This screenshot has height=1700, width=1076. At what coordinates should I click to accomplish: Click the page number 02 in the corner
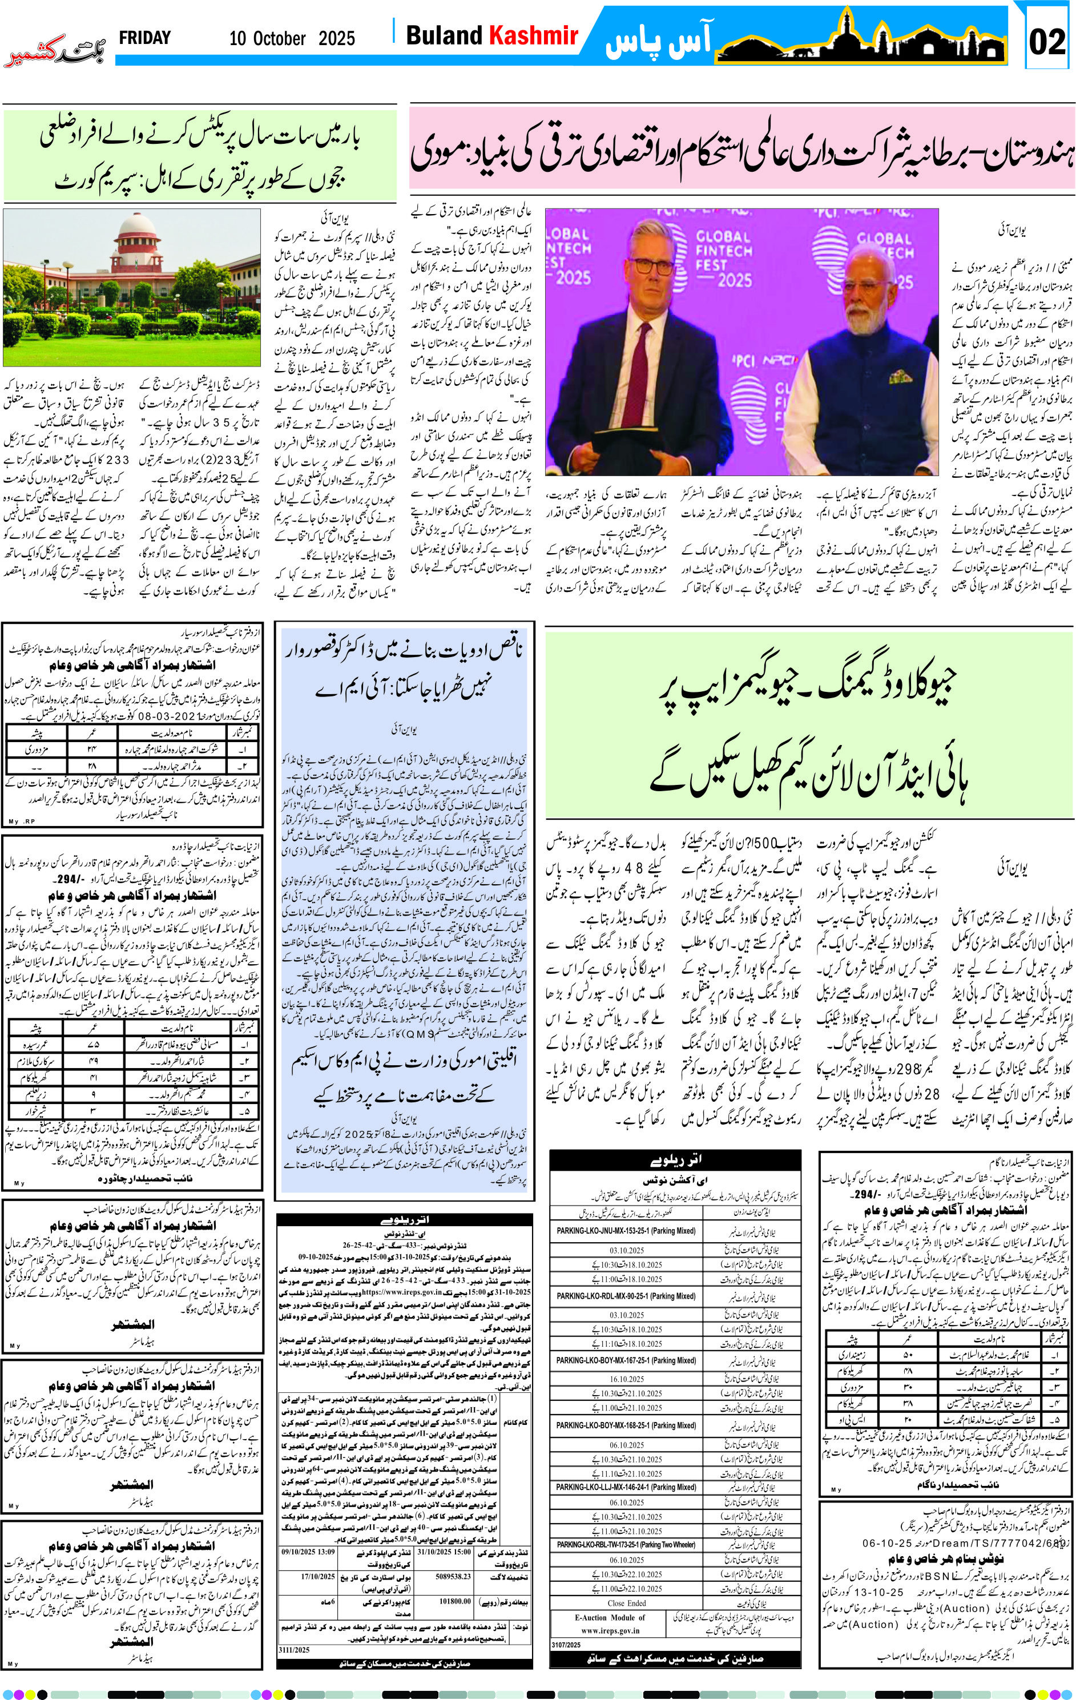[x=1047, y=42]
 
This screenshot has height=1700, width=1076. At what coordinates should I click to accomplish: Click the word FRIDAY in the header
[x=145, y=38]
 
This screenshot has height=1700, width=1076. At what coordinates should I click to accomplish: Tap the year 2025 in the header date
[x=337, y=39]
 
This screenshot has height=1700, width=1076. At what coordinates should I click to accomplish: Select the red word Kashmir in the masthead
[x=534, y=35]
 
